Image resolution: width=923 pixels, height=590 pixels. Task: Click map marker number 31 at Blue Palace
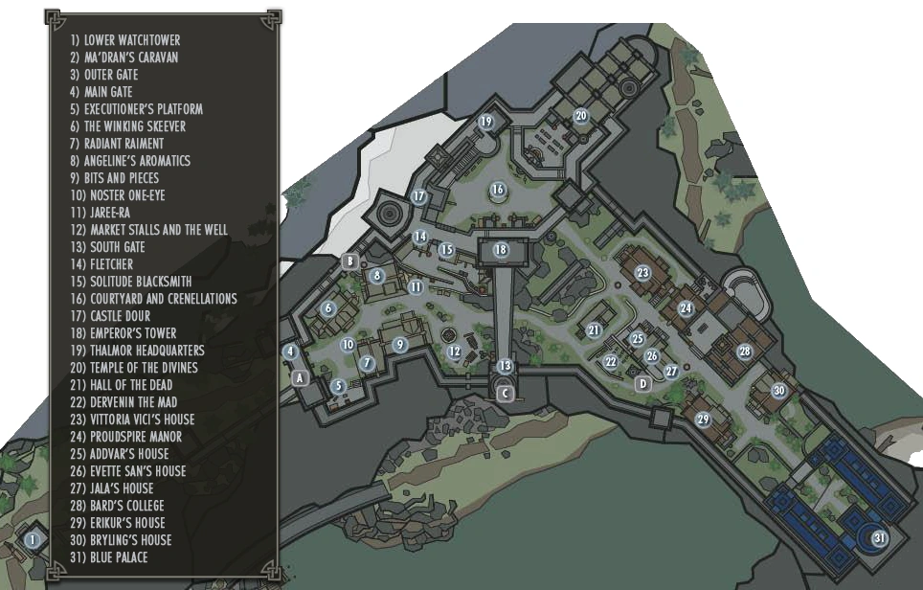[880, 538]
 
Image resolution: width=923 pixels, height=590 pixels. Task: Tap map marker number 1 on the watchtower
[34, 540]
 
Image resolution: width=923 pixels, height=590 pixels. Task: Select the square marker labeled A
[300, 377]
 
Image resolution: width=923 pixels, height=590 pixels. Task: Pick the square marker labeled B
[350, 261]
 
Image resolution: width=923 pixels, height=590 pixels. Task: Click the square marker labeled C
[506, 393]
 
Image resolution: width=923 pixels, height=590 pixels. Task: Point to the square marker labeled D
[643, 383]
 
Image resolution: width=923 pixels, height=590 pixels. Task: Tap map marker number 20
[580, 116]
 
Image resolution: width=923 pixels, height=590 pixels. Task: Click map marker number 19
[486, 122]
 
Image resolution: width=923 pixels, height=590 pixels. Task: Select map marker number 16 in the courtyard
[498, 190]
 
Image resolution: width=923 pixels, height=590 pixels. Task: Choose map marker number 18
[501, 250]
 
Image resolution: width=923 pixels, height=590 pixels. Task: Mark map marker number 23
[642, 273]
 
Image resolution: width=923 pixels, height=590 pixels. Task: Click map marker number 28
[745, 352]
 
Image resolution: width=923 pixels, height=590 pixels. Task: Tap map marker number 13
[505, 366]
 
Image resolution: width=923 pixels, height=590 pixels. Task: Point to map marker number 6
[328, 308]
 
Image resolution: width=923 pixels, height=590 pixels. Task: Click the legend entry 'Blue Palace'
[118, 557]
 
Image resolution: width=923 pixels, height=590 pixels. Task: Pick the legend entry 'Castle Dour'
[123, 316]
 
